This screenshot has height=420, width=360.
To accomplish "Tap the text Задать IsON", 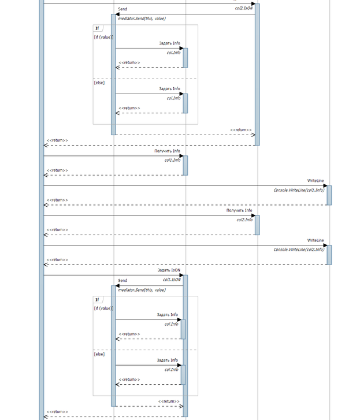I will (x=169, y=270).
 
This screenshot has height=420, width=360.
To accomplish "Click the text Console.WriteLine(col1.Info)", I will (x=299, y=189).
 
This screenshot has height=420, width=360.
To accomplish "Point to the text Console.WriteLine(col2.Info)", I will (x=299, y=250).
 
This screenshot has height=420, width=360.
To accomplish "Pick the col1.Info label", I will (x=172, y=160).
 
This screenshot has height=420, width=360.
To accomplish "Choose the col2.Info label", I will (x=244, y=220).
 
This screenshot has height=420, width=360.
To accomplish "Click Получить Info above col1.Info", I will (x=167, y=151).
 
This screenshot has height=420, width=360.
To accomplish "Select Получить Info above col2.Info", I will (x=239, y=210).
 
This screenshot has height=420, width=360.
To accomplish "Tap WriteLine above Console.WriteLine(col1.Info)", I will (x=316, y=181).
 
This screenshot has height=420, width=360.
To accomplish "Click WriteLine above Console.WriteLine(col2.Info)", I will (x=316, y=240).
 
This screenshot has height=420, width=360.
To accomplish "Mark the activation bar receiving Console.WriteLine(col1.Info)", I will (x=329, y=195).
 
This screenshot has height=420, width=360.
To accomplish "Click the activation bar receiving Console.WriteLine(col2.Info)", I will (x=329, y=255).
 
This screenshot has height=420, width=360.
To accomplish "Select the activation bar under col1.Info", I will (x=185, y=165).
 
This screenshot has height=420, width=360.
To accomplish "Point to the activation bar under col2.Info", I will (x=257, y=225).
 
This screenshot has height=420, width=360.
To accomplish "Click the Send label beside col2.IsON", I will (x=123, y=10).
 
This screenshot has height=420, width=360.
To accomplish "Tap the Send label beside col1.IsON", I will (x=123, y=280).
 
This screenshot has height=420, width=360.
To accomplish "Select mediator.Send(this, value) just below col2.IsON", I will (x=142, y=19).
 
